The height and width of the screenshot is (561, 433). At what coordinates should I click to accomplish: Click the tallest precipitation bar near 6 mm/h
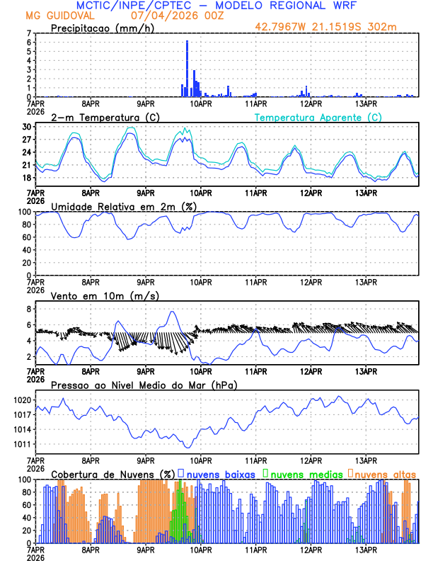point(187,69)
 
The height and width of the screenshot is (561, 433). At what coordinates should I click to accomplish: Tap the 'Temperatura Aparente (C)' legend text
point(318,117)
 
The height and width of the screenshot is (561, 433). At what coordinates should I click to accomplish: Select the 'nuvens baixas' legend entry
point(220,473)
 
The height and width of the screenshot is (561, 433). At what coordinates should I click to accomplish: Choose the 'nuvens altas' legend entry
point(385,473)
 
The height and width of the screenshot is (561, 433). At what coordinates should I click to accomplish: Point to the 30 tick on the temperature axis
point(28,127)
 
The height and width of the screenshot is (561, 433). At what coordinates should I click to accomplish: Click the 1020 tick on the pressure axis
point(23,400)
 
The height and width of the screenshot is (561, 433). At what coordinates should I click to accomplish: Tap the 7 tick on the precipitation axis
point(29,33)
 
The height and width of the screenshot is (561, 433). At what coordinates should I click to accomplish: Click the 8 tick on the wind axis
point(29,309)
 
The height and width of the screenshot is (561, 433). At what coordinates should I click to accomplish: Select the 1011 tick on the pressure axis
point(23,444)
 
